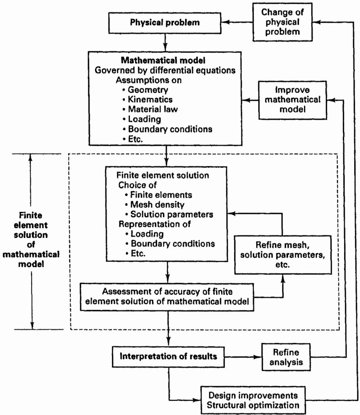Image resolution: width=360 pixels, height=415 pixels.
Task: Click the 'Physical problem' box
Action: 165,23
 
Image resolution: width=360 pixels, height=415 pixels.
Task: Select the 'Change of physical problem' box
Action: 283,22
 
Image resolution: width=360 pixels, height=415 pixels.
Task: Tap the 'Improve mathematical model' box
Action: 293,100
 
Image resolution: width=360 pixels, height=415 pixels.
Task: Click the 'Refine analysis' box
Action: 286,357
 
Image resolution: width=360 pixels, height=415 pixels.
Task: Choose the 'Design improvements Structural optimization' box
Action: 253,400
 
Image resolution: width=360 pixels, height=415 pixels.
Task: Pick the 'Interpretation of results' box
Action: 168,357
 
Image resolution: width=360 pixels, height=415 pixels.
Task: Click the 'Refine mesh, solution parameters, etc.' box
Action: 283,255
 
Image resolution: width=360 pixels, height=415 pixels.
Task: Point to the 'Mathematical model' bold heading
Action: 163,60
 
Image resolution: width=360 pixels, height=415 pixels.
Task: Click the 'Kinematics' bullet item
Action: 148,100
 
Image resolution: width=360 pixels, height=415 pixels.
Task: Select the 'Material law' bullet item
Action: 150,109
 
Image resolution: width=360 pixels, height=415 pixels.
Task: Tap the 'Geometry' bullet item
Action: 145,90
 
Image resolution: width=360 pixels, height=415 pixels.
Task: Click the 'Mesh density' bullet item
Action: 155,205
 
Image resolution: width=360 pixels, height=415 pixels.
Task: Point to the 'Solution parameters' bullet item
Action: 169,214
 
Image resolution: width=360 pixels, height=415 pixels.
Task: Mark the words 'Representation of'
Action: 154,224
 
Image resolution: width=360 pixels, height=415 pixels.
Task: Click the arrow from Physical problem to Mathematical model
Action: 165,42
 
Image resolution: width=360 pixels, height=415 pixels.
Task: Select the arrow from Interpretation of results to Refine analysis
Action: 243,357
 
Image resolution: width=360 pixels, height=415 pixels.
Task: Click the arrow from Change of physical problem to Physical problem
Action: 237,23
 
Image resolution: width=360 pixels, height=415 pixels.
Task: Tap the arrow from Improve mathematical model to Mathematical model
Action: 250,100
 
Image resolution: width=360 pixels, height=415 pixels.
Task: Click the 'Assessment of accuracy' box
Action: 167,297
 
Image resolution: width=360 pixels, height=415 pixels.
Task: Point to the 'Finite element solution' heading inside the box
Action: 163,175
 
